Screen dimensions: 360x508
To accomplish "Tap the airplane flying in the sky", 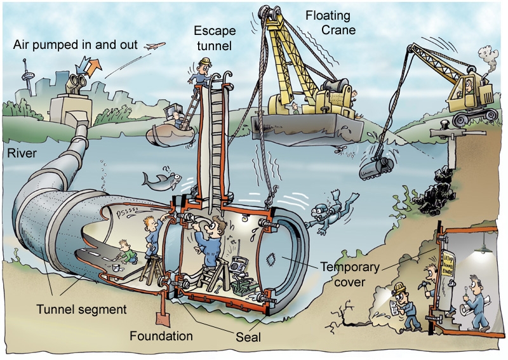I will coord(155,46).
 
